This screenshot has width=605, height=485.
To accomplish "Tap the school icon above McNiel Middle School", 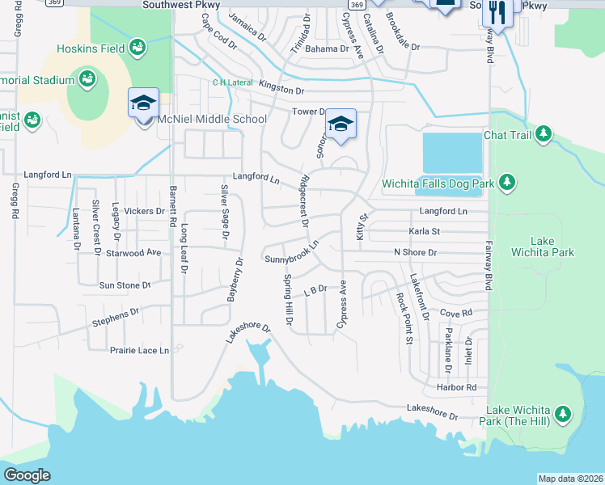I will pyautogui.click(x=143, y=103).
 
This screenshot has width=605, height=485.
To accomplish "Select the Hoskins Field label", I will pyautogui.click(x=91, y=48).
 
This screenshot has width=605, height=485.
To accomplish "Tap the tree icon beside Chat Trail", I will pyautogui.click(x=544, y=134).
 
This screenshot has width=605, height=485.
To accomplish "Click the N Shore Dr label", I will pyautogui.click(x=415, y=253).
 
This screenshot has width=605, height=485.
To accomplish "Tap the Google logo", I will pyautogui.click(x=27, y=474).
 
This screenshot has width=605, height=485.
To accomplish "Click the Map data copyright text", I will pyautogui.click(x=569, y=479).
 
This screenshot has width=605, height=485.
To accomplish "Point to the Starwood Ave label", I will pyautogui.click(x=141, y=253).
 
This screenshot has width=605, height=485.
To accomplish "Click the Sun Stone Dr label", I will pyautogui.click(x=125, y=285).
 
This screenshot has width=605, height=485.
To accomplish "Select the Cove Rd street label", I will pyautogui.click(x=455, y=313).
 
